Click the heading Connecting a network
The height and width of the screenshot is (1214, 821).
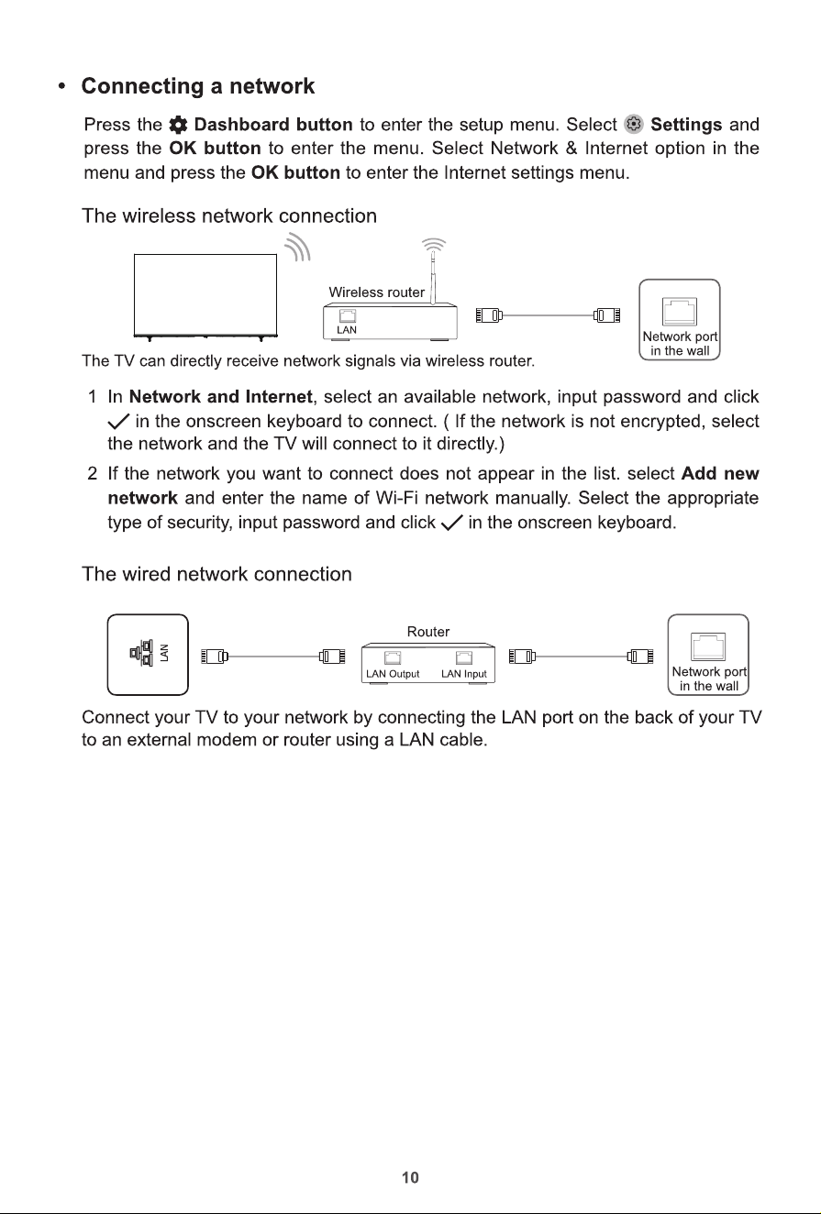coord(197,86)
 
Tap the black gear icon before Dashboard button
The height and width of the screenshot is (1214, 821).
coord(178,126)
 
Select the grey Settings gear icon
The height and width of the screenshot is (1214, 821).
coord(633,125)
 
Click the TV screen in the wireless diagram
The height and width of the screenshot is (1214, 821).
coord(205,294)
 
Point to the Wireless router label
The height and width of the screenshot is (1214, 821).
coord(376,292)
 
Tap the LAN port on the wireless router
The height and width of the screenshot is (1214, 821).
coord(347,316)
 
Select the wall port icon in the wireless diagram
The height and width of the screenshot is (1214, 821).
coord(680,312)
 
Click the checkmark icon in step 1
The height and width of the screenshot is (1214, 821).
coord(118,421)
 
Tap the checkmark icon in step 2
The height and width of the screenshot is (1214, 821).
coord(451,523)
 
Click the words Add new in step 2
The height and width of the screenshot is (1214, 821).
coord(719,474)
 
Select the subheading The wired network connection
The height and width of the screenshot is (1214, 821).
coord(216,574)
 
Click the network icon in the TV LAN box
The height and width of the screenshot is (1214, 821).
coord(141,653)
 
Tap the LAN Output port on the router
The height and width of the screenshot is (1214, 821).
coord(393,658)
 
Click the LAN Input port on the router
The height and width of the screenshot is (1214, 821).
coord(464,658)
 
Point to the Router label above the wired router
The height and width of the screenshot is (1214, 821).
coord(428,632)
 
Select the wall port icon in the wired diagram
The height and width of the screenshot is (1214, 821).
coord(708,646)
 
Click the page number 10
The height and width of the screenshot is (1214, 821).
coord(411,1177)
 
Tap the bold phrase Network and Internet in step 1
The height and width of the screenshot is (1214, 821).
coord(221,397)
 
